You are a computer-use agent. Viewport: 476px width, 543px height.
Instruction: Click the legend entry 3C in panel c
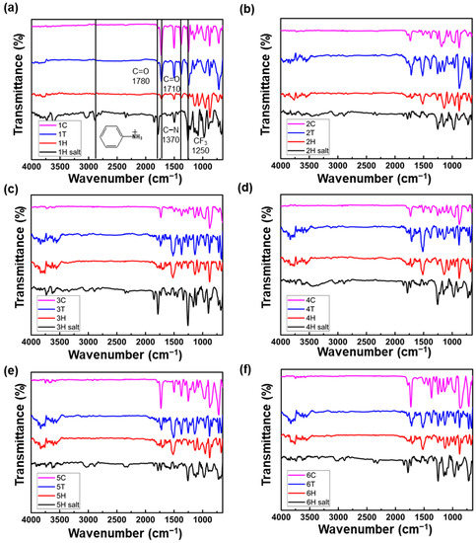(61, 297)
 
